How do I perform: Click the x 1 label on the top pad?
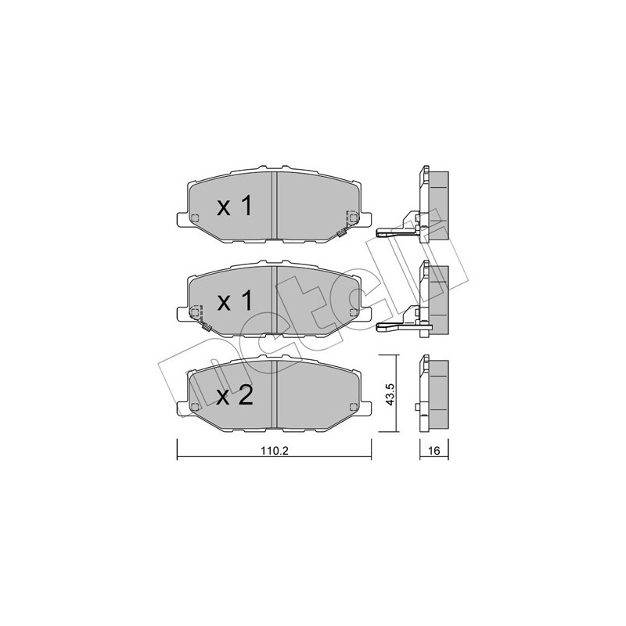coord(234,207)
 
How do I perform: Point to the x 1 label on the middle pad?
coord(234,302)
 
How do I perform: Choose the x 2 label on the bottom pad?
coord(234,396)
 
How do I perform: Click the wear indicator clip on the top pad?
coord(341,232)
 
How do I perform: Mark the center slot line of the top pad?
coord(274,205)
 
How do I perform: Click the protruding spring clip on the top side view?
coord(391,231)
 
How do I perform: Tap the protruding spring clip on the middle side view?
coord(391,326)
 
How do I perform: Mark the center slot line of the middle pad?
coord(272,300)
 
